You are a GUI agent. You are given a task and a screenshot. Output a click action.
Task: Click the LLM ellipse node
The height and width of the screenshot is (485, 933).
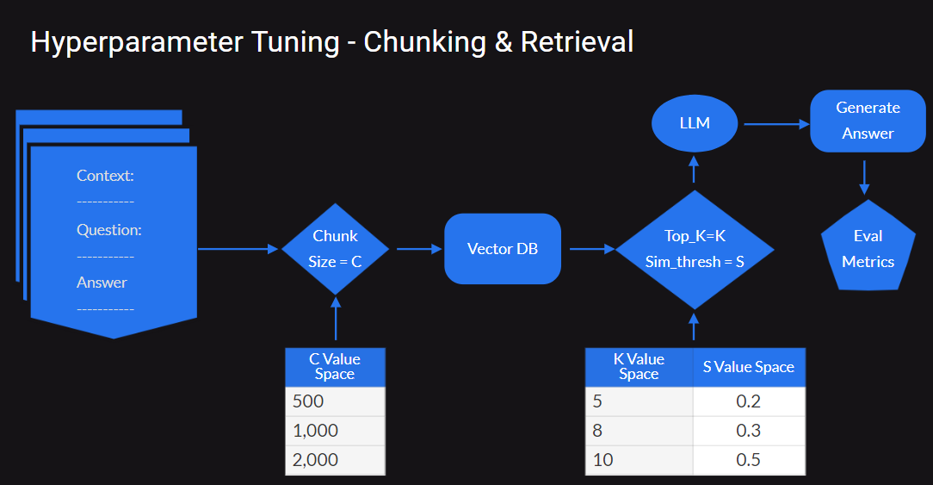coord(695,122)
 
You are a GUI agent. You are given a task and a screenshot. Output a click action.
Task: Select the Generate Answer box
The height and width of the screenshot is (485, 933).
coord(868,121)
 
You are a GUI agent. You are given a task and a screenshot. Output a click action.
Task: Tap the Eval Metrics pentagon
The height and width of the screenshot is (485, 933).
coord(868,248)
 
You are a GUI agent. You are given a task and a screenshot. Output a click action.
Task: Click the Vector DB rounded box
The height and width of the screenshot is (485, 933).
coord(503,249)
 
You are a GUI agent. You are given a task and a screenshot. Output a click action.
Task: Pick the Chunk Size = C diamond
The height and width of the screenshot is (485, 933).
coord(335,249)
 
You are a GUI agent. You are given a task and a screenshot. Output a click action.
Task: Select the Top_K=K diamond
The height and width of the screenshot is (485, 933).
coord(695,249)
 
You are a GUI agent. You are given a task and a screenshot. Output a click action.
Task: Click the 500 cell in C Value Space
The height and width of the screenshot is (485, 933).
coord(335,401)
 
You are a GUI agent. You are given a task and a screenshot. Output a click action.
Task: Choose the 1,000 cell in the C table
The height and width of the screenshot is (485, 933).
coord(335,431)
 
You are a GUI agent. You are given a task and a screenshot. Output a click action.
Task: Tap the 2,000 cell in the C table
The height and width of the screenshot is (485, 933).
coord(335,460)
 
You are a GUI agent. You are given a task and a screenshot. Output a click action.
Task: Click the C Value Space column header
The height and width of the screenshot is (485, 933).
coord(335,366)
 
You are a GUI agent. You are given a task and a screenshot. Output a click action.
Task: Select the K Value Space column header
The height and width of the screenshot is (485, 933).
coord(639,367)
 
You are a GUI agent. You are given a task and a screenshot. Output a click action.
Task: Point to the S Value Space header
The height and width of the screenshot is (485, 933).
coord(749,367)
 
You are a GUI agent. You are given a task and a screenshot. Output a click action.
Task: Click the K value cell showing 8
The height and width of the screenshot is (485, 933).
coord(639,431)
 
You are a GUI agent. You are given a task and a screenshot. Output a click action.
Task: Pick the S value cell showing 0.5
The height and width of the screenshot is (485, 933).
coord(749,460)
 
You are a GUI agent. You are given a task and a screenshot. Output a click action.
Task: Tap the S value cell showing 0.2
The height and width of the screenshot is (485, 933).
coord(749,401)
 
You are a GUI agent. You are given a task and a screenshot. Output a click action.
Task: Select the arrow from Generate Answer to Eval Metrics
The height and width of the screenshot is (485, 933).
coord(865,177)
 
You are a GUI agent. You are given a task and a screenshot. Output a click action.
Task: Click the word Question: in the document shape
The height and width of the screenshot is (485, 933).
coord(108,230)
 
